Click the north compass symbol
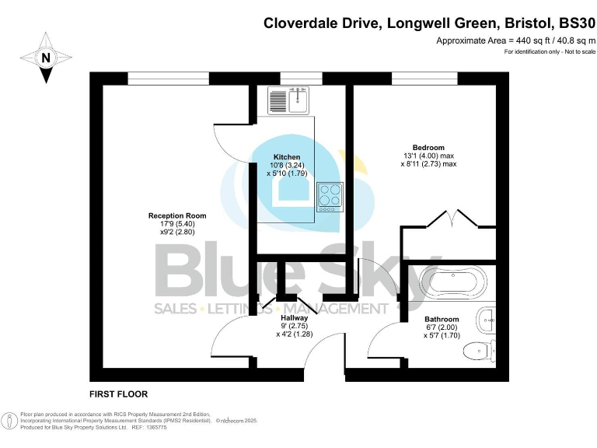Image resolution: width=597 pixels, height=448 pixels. (46, 58)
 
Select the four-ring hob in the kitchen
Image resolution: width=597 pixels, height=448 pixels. (330, 196)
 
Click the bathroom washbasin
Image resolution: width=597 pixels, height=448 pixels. (486, 317)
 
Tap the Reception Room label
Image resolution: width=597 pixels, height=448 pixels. (177, 215)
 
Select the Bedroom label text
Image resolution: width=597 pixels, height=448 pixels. (428, 148)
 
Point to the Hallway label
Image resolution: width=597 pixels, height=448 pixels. (294, 318)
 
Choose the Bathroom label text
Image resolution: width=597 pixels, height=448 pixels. (442, 319)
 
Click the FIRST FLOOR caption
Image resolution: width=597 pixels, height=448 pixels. (118, 394)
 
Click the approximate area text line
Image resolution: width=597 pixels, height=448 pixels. (515, 40)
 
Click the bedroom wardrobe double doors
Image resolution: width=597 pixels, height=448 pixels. (449, 220)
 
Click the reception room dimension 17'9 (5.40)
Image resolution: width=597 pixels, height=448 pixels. (177, 224)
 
